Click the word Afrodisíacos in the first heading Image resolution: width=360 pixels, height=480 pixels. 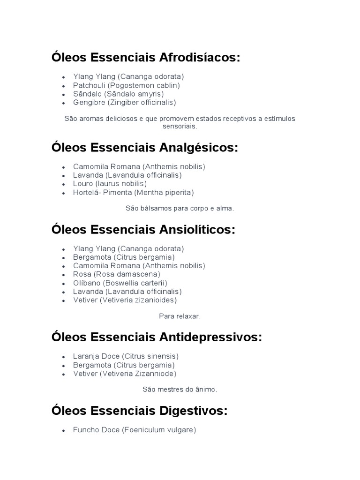200,58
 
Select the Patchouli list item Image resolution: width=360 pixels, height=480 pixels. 126,85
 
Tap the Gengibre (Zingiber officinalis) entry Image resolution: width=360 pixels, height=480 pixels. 124,102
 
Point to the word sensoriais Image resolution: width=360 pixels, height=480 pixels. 180,127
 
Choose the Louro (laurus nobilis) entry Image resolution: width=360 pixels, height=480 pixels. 110,183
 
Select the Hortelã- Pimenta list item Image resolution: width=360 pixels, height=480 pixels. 133,192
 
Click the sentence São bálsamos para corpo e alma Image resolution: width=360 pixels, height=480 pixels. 180,209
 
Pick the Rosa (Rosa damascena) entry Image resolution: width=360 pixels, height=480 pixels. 116,274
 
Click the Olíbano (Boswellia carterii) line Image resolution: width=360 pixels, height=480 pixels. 120,283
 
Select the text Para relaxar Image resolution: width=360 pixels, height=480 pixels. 180,316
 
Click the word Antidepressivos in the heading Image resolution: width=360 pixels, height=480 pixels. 210,337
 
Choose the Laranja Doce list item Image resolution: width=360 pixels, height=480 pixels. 126,356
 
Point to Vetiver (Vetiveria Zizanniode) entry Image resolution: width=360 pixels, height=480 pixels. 125,374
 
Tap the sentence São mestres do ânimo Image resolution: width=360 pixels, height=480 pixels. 180,389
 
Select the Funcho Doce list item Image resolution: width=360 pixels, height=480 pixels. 134,429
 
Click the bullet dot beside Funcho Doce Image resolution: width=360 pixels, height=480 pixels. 63,430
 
